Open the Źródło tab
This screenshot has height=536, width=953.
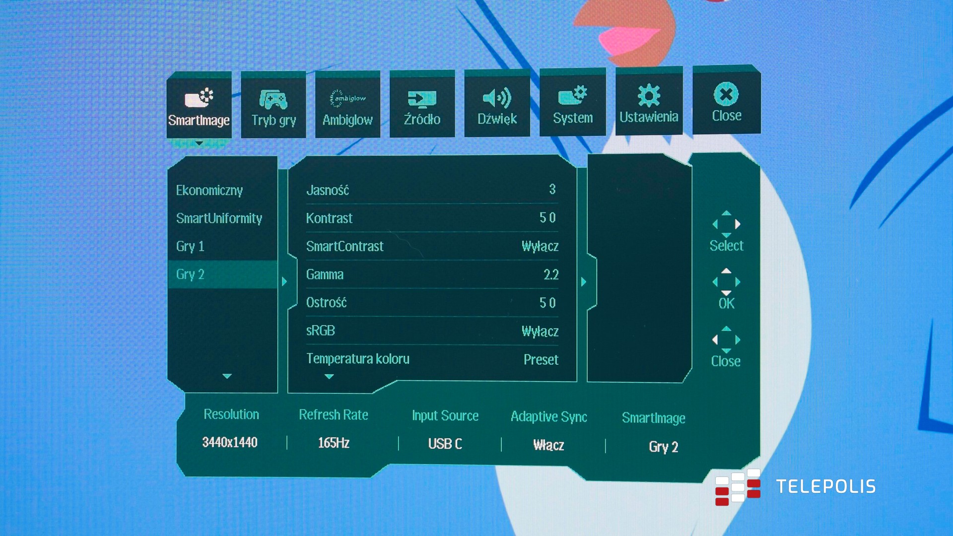coord(422,105)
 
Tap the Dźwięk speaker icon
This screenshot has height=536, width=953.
coord(497,98)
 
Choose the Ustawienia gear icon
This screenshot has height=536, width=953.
coord(649,95)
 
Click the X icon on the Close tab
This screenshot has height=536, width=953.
coord(726,94)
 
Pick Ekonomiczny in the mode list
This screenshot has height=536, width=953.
coord(209,191)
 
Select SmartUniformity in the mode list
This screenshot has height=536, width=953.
coord(219,218)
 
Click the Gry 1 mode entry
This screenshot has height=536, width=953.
coord(190,246)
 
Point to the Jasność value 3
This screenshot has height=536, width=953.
coord(552,189)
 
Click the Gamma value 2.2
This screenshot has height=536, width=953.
coord(551,274)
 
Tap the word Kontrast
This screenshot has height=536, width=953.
coord(329,218)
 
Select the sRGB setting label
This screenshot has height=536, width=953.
coord(321,331)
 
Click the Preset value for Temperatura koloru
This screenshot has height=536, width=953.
coord(541,359)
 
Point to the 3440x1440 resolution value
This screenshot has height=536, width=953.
coord(230,442)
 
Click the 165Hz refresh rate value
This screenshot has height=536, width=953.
coord(334,443)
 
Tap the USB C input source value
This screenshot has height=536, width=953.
coord(445,444)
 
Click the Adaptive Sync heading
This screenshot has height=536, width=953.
coord(548,416)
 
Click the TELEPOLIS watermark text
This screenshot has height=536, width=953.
coord(826,486)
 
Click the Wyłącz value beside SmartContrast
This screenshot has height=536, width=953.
coord(540,246)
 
